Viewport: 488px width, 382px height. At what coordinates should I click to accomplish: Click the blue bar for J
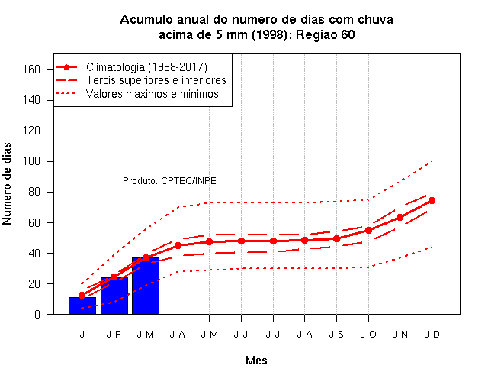coord(82,306)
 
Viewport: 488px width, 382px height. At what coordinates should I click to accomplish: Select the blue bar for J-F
coord(114,296)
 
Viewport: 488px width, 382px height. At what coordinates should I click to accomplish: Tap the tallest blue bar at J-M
coord(146,286)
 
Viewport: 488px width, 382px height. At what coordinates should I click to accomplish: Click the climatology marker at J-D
coord(432,200)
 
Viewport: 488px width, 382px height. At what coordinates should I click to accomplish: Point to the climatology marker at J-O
coord(368,231)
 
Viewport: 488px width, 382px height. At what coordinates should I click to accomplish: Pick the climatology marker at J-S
coord(336,239)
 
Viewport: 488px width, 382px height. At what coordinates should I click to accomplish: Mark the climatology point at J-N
coord(400,217)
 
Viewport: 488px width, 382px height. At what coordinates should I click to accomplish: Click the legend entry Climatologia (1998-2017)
coord(146,67)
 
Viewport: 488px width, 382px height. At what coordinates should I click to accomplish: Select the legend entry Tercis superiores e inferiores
coord(156,80)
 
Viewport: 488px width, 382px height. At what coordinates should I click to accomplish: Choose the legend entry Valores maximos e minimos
coord(152,93)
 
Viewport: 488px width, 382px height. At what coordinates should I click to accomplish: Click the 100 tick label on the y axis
coord(31,161)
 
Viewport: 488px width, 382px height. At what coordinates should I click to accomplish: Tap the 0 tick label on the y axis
coord(37,314)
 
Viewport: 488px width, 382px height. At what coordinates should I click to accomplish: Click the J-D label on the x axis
coord(432,335)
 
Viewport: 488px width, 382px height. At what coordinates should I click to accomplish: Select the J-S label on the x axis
coord(336,335)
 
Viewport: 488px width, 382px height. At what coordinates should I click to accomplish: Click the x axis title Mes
coord(256,361)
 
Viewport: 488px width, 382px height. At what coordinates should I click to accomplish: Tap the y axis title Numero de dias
coord(7,183)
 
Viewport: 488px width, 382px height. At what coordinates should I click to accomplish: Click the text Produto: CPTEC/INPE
coord(169,181)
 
